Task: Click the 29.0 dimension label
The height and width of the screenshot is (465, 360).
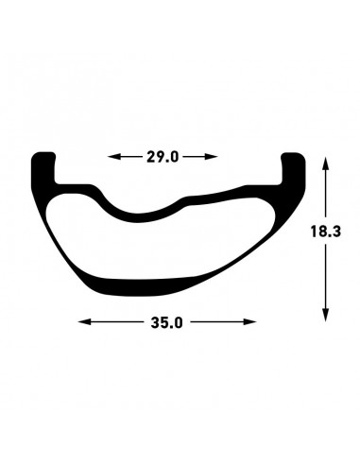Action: pos(163,157)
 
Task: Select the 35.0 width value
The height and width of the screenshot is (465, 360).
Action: pos(166,322)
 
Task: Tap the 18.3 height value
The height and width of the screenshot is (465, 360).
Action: pos(326,232)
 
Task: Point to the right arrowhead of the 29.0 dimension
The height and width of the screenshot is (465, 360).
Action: pos(211,156)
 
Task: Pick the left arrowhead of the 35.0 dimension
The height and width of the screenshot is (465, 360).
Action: pos(84,321)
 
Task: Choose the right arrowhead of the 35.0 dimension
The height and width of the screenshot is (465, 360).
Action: pos(249,321)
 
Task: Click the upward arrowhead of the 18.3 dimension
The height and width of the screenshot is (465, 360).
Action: pos(326,164)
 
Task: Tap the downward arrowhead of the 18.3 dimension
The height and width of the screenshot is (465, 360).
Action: pos(326,315)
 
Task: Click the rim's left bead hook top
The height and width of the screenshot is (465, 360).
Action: pos(43,156)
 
